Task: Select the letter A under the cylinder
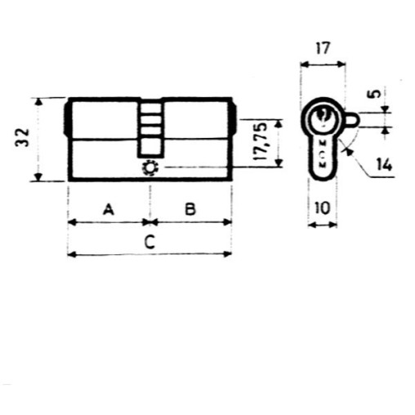(x=108, y=210)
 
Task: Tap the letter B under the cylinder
(x=190, y=210)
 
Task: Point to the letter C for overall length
(x=149, y=242)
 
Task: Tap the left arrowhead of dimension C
(x=71, y=255)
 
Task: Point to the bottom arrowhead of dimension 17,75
(x=279, y=163)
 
